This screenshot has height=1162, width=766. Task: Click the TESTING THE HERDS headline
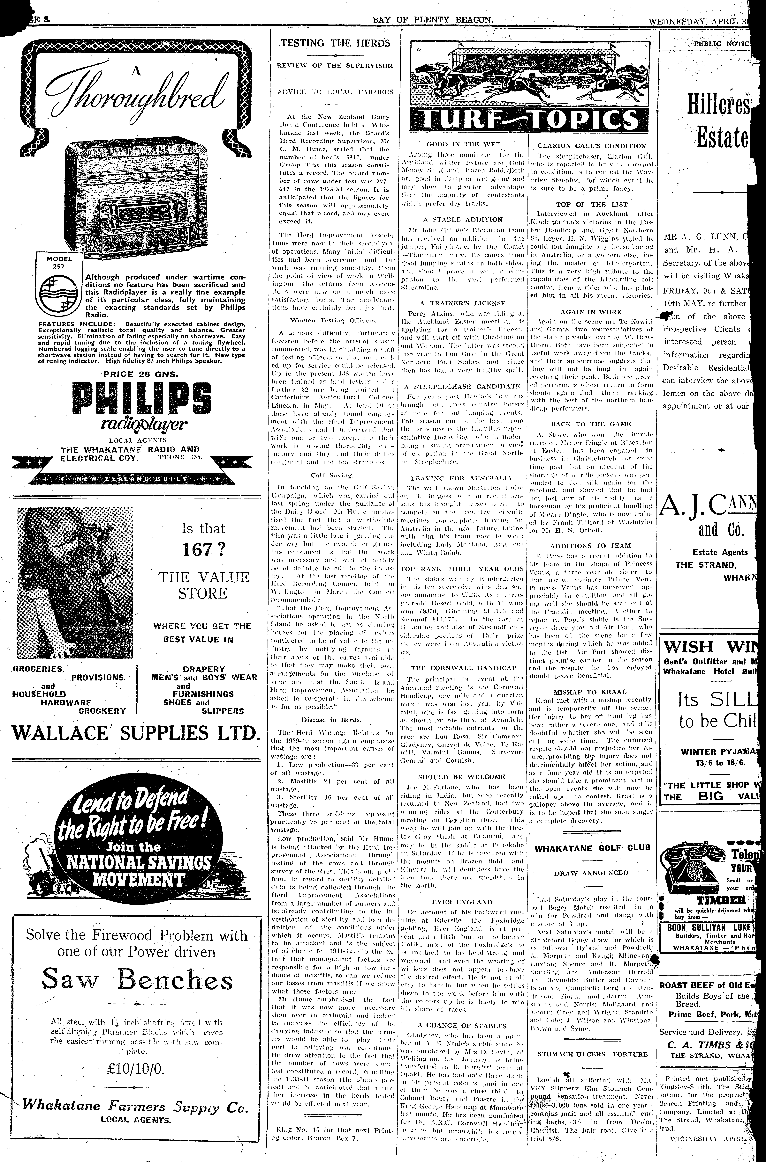(335, 43)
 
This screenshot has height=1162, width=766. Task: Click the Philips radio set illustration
(147, 195)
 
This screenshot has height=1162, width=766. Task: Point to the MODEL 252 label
(59, 263)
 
